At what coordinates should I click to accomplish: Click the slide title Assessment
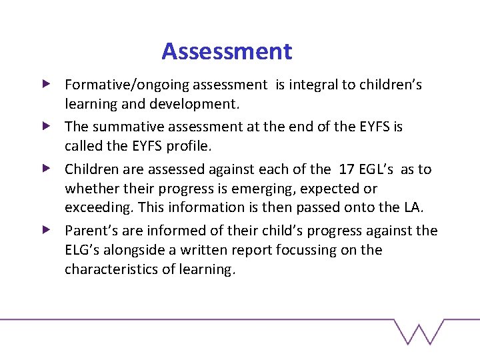227,51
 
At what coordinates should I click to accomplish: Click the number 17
347,169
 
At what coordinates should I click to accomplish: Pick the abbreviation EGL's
379,169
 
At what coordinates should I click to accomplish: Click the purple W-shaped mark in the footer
419,331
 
